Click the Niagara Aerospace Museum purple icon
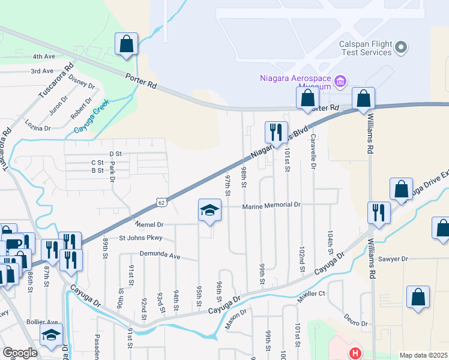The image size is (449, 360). point(340,81)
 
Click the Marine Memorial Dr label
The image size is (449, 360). point(271,206)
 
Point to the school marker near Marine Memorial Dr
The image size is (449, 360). point(209,211)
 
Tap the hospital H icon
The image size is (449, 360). point(355,353)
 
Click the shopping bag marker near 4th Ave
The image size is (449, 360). point(127,44)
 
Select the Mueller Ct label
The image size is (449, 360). point(310,293)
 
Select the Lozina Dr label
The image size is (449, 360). point(38,125)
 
